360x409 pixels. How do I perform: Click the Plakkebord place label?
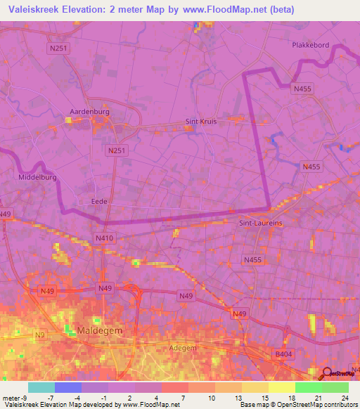[310, 45]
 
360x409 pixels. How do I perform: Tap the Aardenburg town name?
[87, 111]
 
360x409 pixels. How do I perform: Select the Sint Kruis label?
[201, 121]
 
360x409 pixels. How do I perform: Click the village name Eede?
[99, 201]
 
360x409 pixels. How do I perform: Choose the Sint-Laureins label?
[261, 223]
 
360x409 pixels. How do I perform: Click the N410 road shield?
[104, 239]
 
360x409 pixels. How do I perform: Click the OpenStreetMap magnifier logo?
[326, 373]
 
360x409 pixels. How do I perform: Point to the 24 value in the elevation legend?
[345, 398]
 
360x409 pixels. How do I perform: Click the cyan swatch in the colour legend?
[41, 387]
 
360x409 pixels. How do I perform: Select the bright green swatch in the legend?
[308, 387]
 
